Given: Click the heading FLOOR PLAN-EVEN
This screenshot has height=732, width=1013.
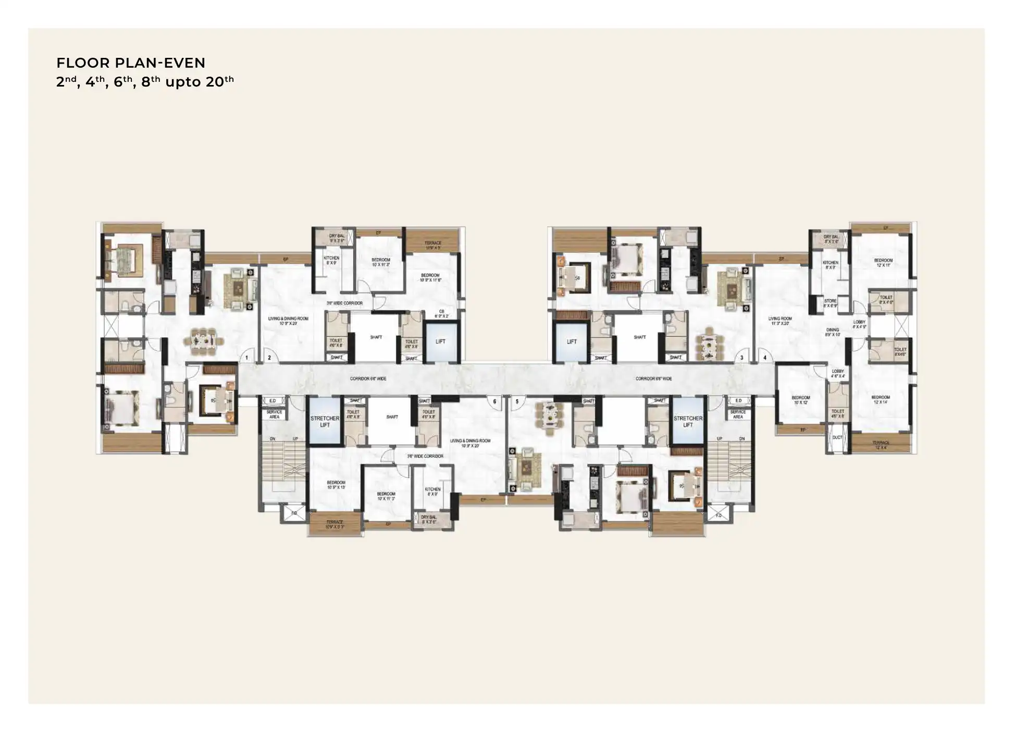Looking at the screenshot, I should (131, 63).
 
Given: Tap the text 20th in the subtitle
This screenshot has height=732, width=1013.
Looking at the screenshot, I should (219, 82).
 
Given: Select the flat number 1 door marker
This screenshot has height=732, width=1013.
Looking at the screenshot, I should (246, 358).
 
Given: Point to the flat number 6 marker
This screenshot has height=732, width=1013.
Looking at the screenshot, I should (495, 401).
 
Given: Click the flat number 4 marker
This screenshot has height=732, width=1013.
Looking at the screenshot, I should (765, 358).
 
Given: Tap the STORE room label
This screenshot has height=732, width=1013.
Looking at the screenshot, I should (830, 303).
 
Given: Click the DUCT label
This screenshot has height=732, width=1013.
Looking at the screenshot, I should (837, 437).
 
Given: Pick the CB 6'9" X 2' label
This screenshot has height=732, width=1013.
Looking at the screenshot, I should (441, 314).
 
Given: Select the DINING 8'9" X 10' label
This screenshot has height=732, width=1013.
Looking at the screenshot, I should (832, 332).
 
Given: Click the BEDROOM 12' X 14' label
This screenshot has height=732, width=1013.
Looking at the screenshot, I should (881, 399).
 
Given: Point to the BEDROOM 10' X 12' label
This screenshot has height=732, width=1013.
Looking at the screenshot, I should (801, 400).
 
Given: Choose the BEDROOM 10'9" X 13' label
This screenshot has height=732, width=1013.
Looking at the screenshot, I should (336, 485).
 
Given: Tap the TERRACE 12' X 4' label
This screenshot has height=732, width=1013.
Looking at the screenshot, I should (881, 445).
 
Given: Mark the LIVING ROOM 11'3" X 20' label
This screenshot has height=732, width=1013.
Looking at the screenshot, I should (780, 321).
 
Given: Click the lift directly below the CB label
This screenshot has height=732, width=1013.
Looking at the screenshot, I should (441, 342).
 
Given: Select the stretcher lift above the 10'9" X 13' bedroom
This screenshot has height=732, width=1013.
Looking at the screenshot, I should (325, 421).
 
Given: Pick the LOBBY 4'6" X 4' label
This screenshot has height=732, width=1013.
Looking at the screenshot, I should (837, 374).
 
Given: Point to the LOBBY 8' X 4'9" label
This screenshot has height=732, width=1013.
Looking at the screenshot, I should (859, 324).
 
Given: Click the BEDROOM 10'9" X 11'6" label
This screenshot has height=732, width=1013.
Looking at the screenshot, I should (430, 277).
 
